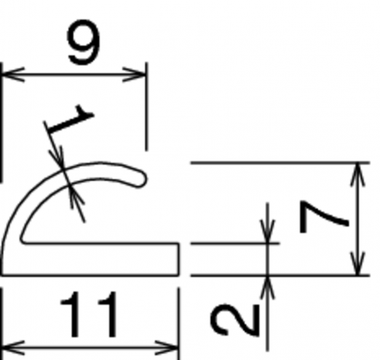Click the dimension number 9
click(84, 41)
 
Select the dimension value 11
click(89, 314)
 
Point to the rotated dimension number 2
click(235, 320)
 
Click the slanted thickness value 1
click(71, 119)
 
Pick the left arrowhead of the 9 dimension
click(13, 75)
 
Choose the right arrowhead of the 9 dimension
click(135, 75)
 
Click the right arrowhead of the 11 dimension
click(167, 348)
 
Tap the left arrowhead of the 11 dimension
click(13, 348)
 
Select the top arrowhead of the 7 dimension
click(358, 174)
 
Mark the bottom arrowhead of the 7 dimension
click(358, 263)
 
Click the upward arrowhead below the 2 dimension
click(267, 287)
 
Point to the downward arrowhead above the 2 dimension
click(267, 231)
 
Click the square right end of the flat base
click(178, 260)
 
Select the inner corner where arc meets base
click(23, 241)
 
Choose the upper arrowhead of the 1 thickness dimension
click(57, 158)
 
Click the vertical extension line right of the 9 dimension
click(146, 107)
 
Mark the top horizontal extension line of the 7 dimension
click(280, 162)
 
